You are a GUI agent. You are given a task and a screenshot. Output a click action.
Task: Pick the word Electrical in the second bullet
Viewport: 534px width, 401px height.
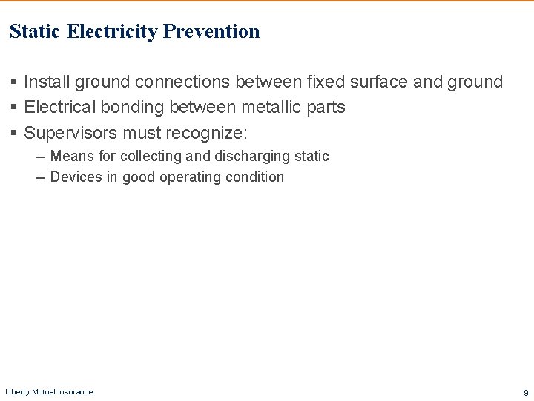[x=60, y=107]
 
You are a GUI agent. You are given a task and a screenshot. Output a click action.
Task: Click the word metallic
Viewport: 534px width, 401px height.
[x=272, y=107]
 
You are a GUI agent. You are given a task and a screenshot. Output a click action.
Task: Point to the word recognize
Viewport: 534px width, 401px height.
[x=209, y=133]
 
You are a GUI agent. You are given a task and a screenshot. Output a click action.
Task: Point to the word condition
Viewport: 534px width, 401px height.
[x=255, y=177]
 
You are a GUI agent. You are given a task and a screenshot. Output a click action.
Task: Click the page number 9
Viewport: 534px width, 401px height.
[x=526, y=392]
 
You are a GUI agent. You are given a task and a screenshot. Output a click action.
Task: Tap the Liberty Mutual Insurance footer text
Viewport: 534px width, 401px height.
[x=49, y=391]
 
